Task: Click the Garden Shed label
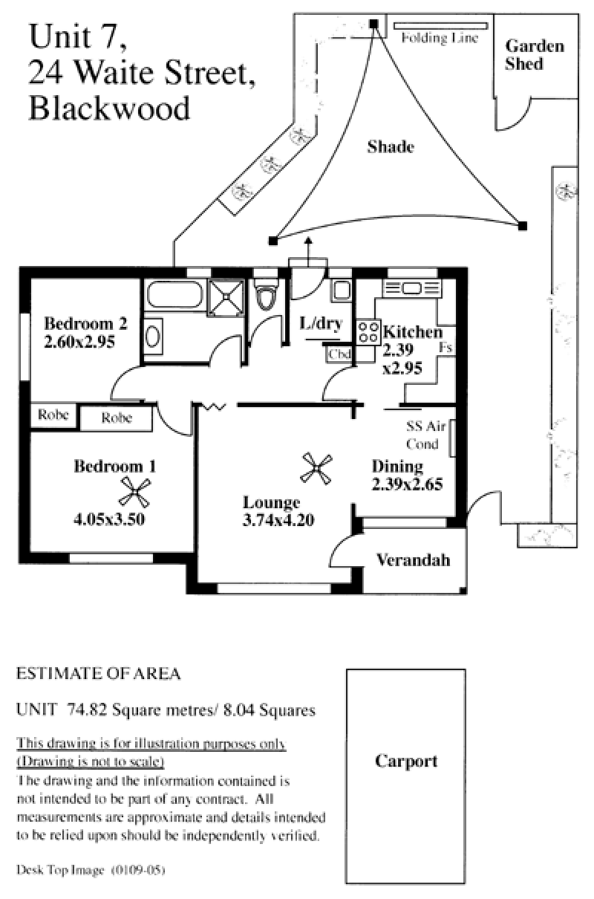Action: click(x=535, y=55)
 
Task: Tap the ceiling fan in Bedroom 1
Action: click(x=134, y=492)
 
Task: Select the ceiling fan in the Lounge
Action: click(x=316, y=468)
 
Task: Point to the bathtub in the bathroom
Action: click(x=175, y=295)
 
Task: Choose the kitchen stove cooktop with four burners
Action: click(x=368, y=331)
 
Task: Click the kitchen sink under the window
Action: click(x=412, y=288)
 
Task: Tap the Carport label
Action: click(x=406, y=762)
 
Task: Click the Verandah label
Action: click(x=413, y=560)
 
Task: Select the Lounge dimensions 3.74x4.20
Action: click(x=278, y=521)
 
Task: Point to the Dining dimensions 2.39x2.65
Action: click(x=407, y=484)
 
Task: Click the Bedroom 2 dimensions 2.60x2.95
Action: click(x=79, y=342)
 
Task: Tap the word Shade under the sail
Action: click(x=391, y=147)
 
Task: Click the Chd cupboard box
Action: click(x=339, y=354)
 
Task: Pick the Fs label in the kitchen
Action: click(x=446, y=348)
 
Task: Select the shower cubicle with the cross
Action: click(x=226, y=298)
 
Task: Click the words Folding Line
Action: click(x=440, y=38)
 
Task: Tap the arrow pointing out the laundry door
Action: click(x=308, y=252)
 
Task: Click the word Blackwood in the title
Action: click(x=109, y=108)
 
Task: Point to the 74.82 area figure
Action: click(x=87, y=710)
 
